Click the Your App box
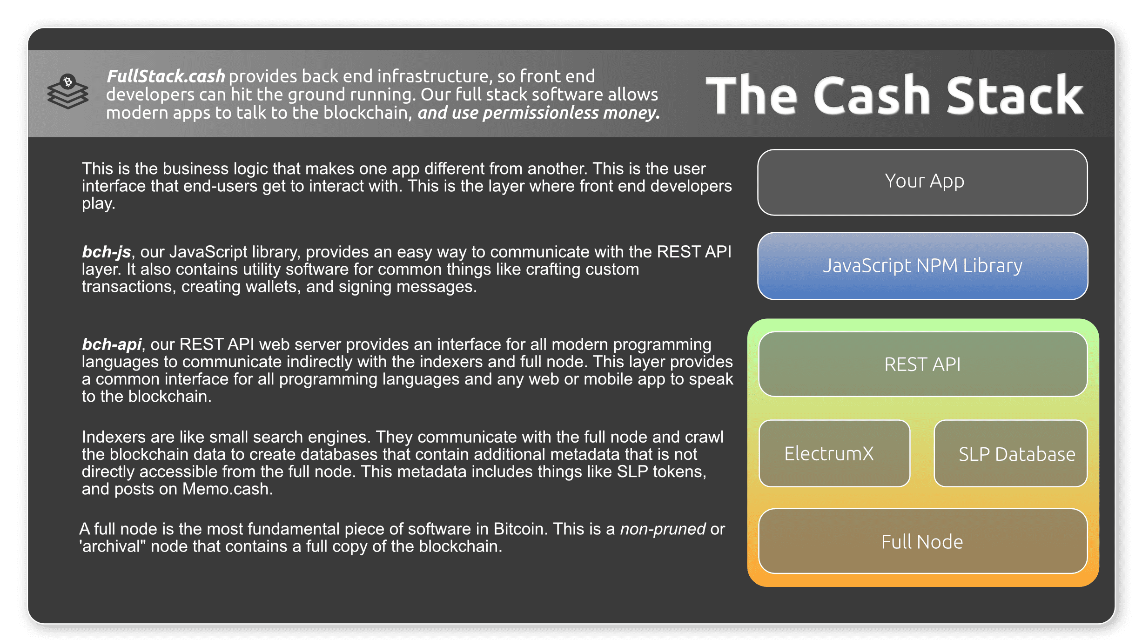[922, 182]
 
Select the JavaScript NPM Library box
[922, 266]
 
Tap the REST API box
[922, 364]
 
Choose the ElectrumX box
[834, 453]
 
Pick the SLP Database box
[1010, 453]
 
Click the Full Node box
[922, 541]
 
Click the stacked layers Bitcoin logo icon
[68, 92]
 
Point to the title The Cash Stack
[894, 95]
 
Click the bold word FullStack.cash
[166, 76]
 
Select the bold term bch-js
[106, 252]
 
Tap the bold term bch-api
[112, 344]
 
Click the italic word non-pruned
[663, 529]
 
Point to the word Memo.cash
[227, 489]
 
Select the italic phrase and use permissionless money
[538, 113]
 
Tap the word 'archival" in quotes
[113, 546]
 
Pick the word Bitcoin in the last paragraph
[518, 529]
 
